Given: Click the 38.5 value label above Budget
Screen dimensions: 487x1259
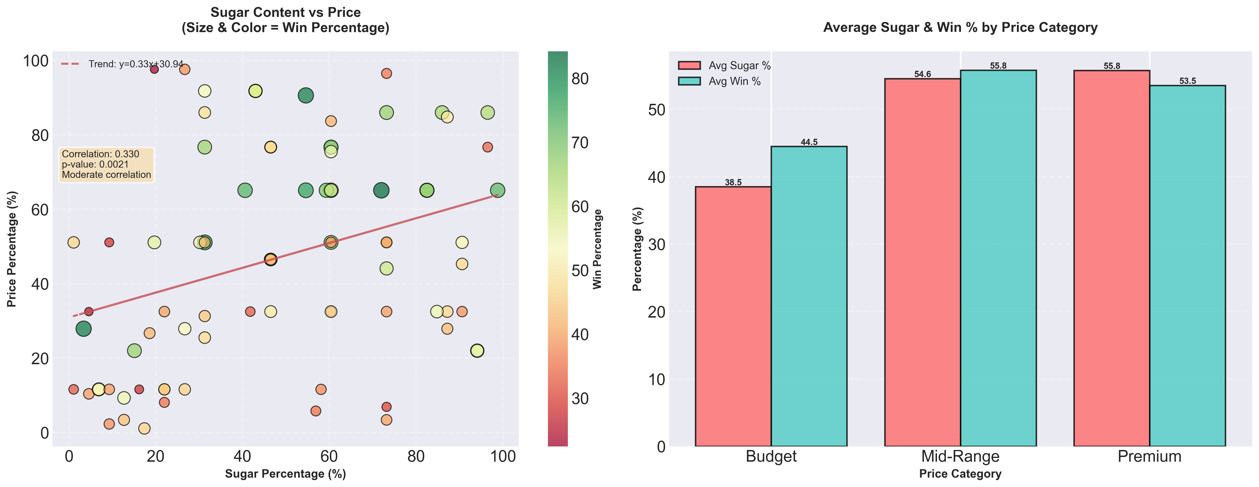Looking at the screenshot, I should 733,182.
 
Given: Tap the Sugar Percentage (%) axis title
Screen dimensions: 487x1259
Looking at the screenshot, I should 285,474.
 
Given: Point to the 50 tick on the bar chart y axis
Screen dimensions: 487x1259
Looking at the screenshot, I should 656,109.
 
